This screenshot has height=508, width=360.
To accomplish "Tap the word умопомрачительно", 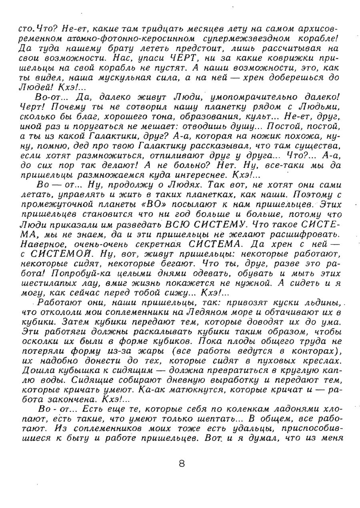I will (264, 96).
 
